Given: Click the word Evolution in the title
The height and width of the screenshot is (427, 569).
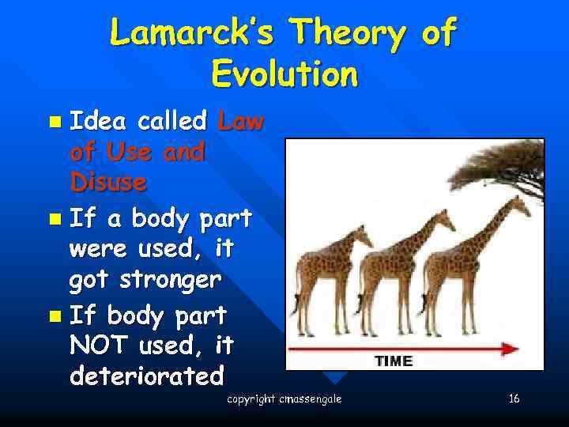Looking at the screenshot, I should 284,75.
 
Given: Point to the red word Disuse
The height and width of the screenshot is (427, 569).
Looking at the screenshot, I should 108,182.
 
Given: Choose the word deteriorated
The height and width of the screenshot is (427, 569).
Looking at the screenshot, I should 147,376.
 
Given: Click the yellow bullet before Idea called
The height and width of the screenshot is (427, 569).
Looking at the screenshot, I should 53,123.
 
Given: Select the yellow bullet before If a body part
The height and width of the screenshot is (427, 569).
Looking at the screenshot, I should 53,218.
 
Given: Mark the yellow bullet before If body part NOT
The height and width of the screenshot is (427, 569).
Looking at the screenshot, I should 53,317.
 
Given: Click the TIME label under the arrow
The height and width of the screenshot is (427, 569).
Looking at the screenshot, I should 393,361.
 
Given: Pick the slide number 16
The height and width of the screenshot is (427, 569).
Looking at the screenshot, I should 514,399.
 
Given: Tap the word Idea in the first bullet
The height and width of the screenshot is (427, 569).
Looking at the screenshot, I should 99,121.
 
